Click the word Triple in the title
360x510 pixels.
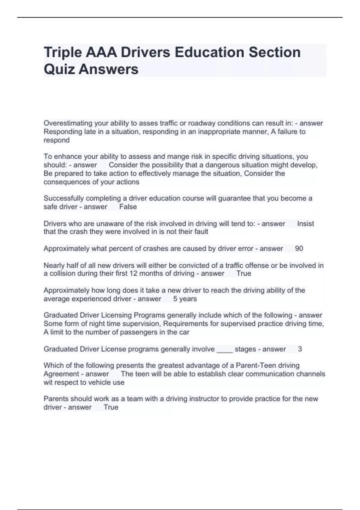[x=62, y=53]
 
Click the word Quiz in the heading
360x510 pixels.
[x=59, y=70]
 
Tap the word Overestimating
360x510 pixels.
[x=68, y=123]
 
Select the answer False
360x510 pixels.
[x=128, y=207]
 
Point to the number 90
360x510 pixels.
[x=299, y=248]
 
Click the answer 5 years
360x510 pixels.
[x=185, y=299]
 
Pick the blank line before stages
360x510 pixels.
[x=224, y=349]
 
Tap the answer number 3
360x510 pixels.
[x=300, y=349]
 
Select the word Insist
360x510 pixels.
[x=305, y=223]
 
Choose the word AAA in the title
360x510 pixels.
[x=101, y=53]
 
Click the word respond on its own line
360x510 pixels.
[x=56, y=140]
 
